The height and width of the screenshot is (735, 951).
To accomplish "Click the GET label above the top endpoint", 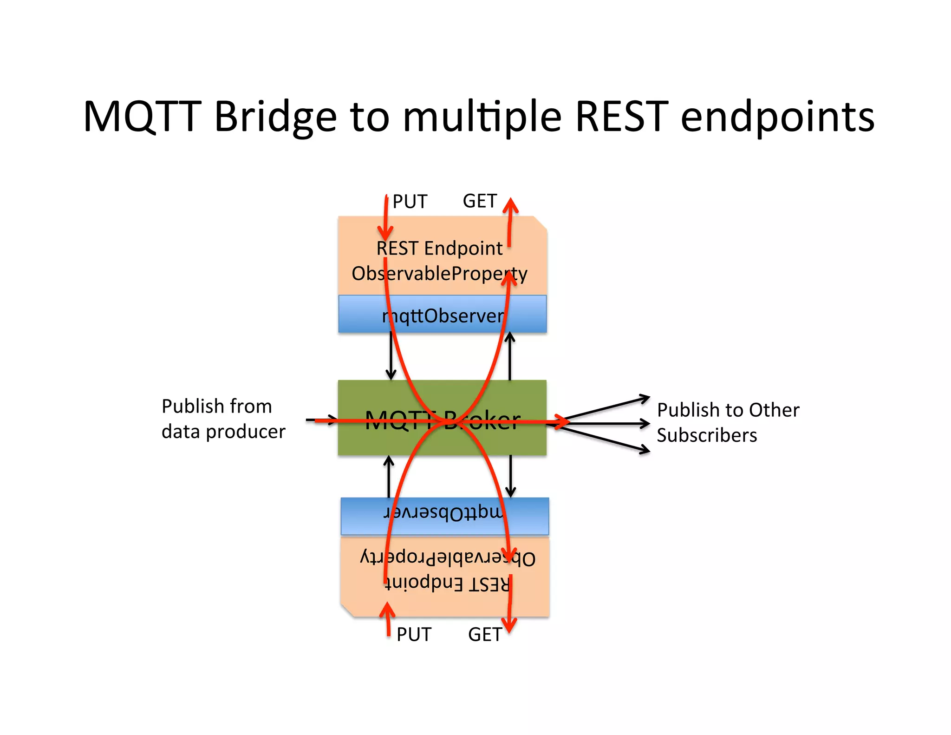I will pos(480,201).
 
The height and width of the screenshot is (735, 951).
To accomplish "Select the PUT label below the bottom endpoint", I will pos(414,635).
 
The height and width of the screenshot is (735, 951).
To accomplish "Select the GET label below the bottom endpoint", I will pos(484,635).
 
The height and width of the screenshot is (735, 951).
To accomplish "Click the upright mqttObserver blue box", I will pos(442,315).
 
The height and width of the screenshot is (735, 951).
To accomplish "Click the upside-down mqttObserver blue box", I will pos(444,516).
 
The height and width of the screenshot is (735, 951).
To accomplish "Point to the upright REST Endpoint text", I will pos(439,248).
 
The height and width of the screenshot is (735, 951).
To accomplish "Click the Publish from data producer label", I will pos(223,419).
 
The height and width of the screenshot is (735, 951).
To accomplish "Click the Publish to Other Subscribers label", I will pos(728,422).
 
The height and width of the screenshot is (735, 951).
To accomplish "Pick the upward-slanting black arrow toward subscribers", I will pos(604,408).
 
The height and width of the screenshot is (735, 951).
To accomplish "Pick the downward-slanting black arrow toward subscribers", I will pos(604,439).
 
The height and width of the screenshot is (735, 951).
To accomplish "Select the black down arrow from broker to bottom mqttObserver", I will pos(510,476).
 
